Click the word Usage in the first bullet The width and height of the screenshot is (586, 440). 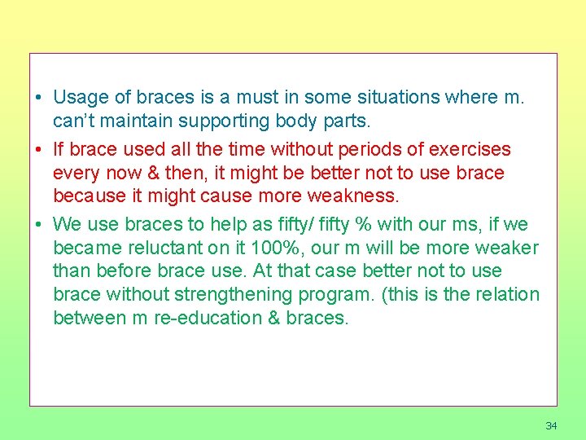pos(80,98)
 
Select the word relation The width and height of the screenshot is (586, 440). pos(508,294)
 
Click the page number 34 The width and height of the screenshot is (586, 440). pos(551,426)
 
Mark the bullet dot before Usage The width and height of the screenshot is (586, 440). pos(39,99)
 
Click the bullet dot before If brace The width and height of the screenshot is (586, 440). pos(39,151)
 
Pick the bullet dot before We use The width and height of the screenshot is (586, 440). pos(39,225)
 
